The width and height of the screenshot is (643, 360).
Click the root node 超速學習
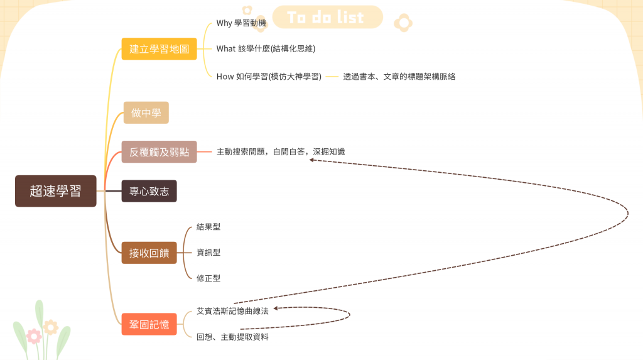click(x=55, y=191)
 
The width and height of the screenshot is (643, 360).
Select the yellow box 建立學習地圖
click(x=159, y=49)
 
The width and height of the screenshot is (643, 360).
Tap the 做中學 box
click(x=146, y=113)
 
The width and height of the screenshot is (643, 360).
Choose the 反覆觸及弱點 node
click(x=159, y=152)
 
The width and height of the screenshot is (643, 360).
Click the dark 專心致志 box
click(x=149, y=192)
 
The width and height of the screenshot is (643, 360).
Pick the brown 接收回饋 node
click(x=149, y=253)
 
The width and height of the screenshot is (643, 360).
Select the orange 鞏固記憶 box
click(x=149, y=324)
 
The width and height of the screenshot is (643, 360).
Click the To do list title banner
click(x=327, y=18)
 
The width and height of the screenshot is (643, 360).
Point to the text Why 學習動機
click(x=241, y=23)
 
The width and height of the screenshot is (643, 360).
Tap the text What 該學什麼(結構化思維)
click(x=266, y=48)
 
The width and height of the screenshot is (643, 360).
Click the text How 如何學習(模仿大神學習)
click(x=269, y=77)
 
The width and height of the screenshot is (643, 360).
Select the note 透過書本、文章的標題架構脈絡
click(x=399, y=77)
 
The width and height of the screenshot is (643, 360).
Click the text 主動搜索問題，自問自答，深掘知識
click(x=280, y=152)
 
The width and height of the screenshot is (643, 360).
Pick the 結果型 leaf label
click(x=208, y=227)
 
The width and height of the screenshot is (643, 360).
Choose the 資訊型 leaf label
click(x=208, y=253)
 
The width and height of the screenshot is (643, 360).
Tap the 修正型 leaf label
click(x=208, y=278)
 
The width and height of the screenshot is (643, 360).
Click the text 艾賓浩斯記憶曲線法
click(x=232, y=311)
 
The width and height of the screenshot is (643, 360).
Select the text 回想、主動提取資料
click(x=232, y=337)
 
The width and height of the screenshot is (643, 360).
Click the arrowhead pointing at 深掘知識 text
click(x=311, y=160)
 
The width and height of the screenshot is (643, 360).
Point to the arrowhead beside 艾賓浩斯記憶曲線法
click(x=276, y=308)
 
